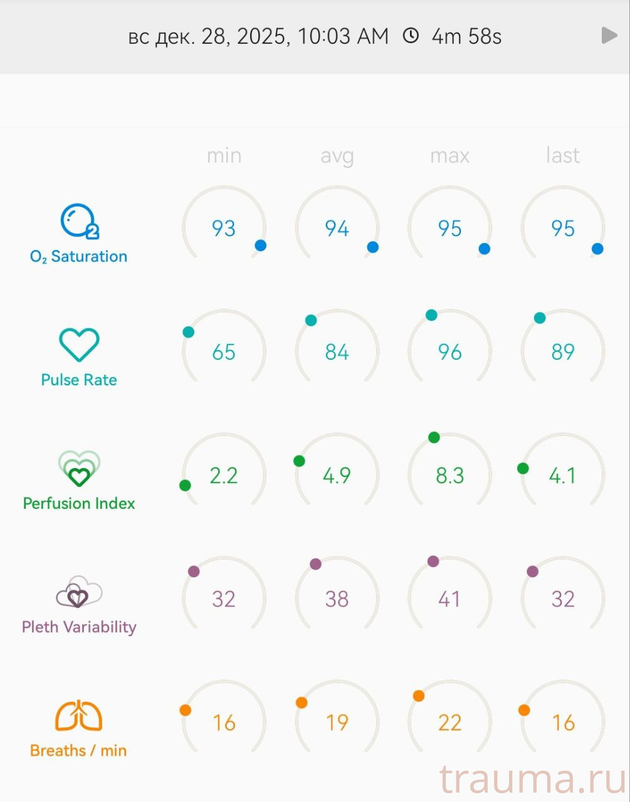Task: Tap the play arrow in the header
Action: (609, 36)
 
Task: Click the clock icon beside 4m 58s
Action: (411, 36)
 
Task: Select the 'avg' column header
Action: (337, 155)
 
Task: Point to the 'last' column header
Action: (562, 155)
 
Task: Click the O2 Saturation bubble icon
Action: (78, 221)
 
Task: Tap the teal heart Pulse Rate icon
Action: (79, 345)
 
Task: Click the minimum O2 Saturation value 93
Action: (224, 228)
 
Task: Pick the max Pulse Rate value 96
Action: (449, 352)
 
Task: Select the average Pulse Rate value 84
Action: (337, 352)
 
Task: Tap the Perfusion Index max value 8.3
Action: (449, 476)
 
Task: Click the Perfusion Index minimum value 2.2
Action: (224, 476)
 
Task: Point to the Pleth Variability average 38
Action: (337, 599)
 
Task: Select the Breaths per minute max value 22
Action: (449, 722)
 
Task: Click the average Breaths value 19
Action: (337, 722)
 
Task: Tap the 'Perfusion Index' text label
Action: (79, 503)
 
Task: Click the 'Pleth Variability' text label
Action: (79, 627)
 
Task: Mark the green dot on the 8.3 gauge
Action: (434, 437)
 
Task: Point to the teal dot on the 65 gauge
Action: (189, 332)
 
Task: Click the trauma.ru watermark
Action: (533, 779)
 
